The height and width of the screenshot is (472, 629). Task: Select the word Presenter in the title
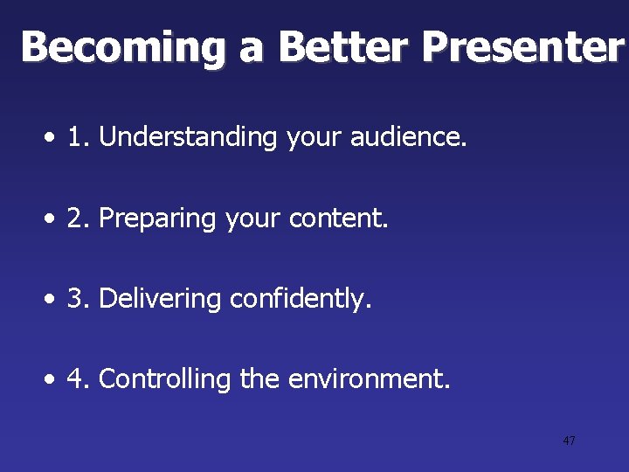522,47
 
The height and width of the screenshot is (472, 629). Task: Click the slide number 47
569,441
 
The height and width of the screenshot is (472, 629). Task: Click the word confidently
301,299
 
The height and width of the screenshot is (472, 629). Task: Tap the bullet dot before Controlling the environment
54,381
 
